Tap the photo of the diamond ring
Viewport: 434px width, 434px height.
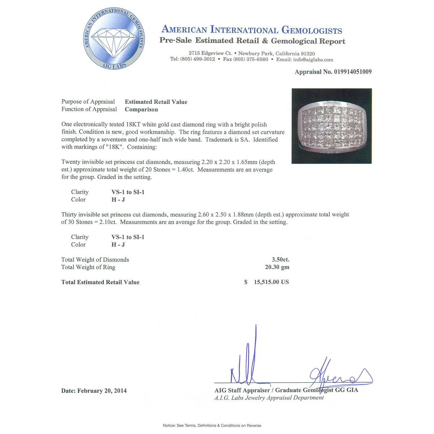[x=332, y=126]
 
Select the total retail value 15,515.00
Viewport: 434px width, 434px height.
[x=271, y=282]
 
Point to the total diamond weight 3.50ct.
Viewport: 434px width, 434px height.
[x=280, y=260]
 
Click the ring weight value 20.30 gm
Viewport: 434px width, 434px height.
[x=277, y=267]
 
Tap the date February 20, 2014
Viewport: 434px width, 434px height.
[x=102, y=391]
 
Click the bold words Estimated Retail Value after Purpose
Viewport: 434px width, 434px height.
[x=156, y=102]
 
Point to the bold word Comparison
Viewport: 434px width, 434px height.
[x=141, y=110]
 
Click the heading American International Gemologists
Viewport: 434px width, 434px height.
[x=252, y=30]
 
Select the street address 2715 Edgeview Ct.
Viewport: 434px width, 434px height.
[x=210, y=54]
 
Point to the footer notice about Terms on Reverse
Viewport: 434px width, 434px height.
[x=212, y=425]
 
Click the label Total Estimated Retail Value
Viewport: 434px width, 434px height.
[x=100, y=282]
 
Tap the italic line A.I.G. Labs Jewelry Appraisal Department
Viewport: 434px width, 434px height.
[x=269, y=398]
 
